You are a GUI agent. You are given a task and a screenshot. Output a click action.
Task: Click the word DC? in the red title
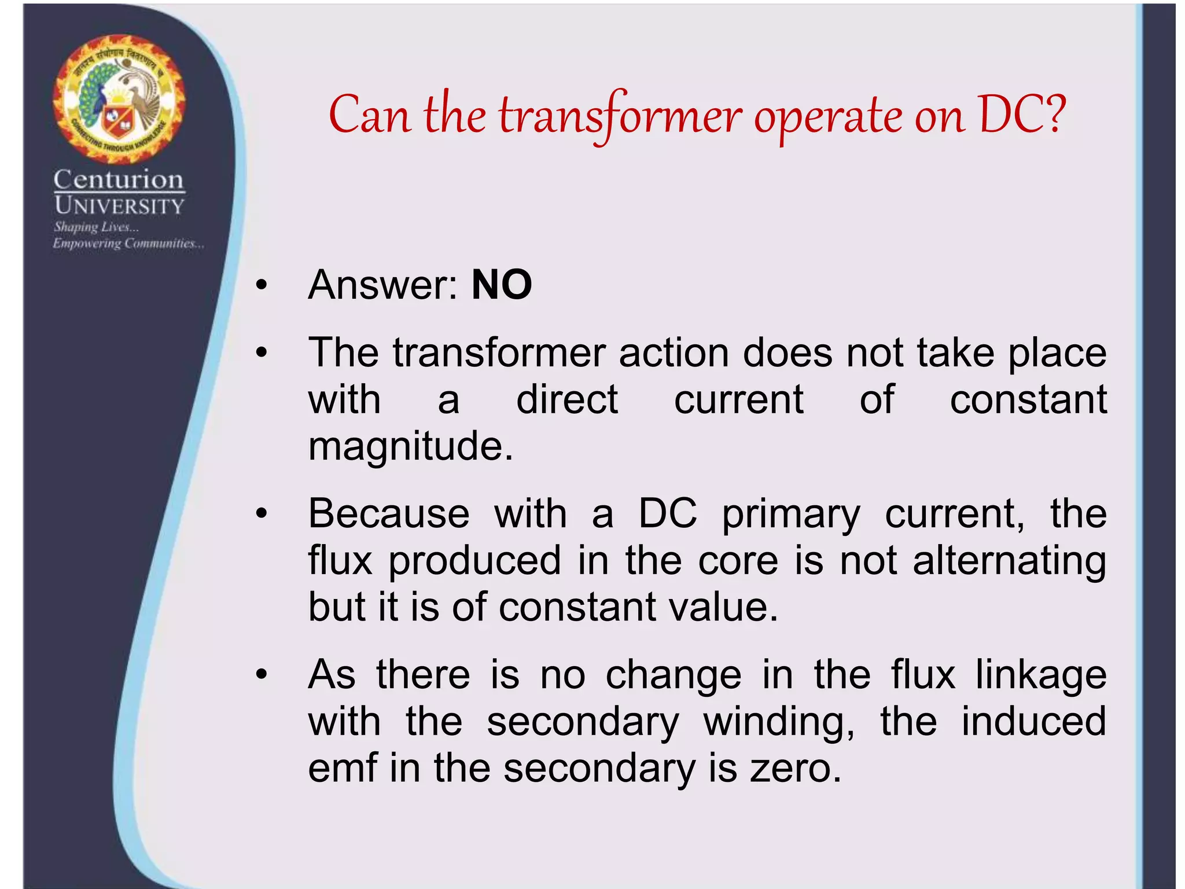pyautogui.click(x=1021, y=115)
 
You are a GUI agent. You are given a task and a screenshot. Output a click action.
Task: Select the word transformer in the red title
pyautogui.click(x=620, y=116)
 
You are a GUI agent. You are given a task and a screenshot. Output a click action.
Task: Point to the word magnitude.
pyautogui.click(x=410, y=447)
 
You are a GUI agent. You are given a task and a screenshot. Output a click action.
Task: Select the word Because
pyautogui.click(x=389, y=513)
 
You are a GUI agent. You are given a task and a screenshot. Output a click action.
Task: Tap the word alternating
pyautogui.click(x=1009, y=561)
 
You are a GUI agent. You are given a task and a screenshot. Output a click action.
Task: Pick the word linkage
pyautogui.click(x=1041, y=675)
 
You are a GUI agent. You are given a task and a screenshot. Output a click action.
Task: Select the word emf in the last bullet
pyautogui.click(x=343, y=768)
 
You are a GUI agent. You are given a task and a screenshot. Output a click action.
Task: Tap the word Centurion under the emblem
pyautogui.click(x=119, y=180)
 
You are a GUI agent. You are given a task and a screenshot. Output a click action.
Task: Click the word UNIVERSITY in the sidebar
pyautogui.click(x=119, y=206)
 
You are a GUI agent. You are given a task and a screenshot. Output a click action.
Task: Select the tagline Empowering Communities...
pyautogui.click(x=128, y=244)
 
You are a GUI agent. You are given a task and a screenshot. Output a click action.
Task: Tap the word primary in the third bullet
pyautogui.click(x=791, y=515)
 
